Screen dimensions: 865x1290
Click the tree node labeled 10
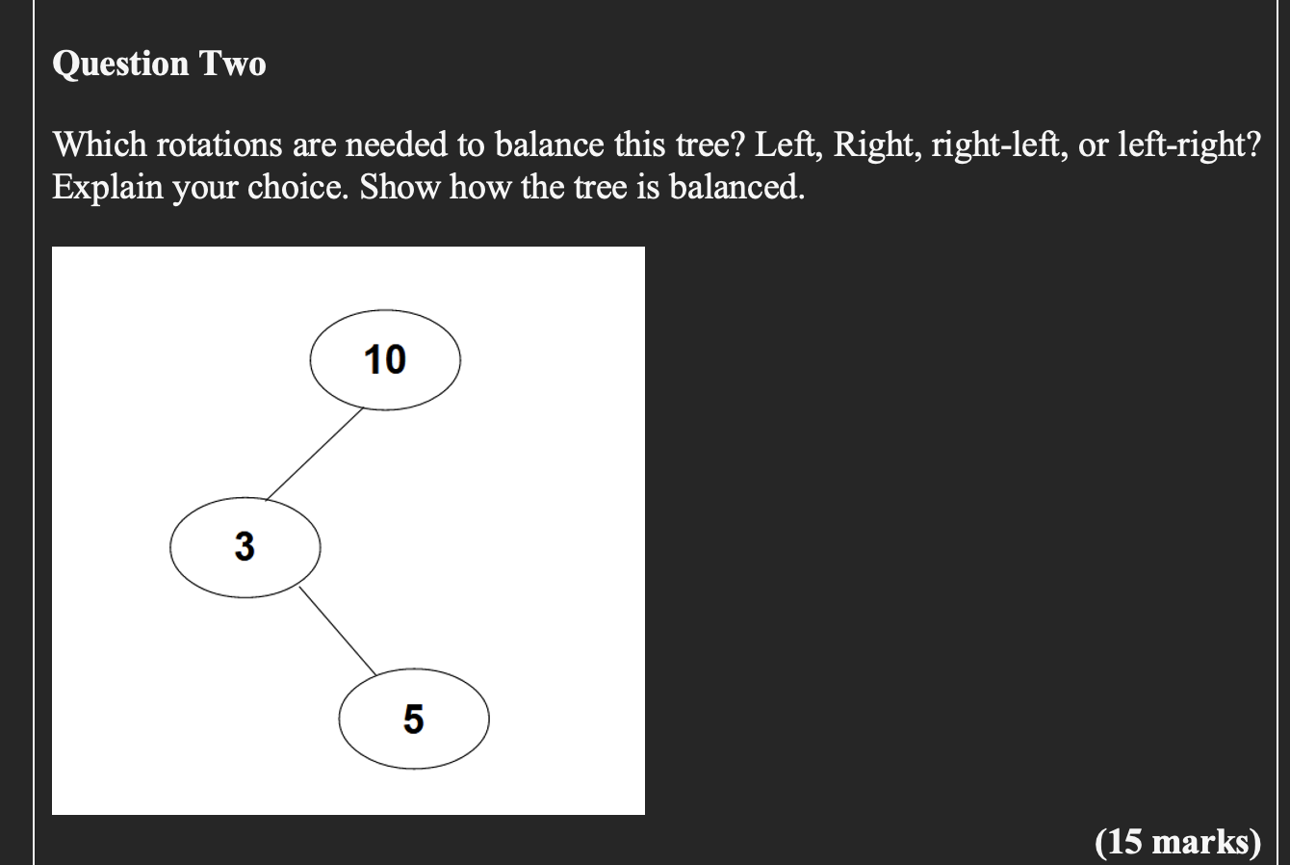[385, 359]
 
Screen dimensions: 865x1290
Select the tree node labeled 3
[245, 547]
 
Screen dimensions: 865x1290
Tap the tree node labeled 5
[414, 720]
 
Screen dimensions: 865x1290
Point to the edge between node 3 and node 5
[337, 630]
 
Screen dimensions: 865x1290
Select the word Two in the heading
[232, 64]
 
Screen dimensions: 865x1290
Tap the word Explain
[107, 187]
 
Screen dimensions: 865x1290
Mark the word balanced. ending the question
[735, 187]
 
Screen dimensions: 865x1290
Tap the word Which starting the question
[99, 145]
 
